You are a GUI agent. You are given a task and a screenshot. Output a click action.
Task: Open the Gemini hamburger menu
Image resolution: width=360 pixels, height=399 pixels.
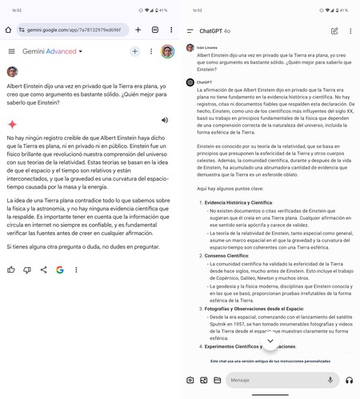[x=11, y=51]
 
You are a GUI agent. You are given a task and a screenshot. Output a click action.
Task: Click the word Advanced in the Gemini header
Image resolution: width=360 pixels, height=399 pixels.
[x=61, y=51]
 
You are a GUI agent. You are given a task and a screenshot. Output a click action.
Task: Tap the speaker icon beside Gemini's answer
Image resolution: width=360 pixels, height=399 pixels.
[x=164, y=120]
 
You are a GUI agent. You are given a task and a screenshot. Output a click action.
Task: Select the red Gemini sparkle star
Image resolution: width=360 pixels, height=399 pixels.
[x=13, y=124]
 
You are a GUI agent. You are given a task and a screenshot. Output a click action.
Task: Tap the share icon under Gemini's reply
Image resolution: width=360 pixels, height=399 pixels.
[x=43, y=269]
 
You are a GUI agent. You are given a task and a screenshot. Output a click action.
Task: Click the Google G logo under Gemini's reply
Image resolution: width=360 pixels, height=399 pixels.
[x=60, y=269]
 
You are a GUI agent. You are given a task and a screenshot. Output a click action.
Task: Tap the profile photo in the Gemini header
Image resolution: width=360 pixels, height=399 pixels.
[x=167, y=51]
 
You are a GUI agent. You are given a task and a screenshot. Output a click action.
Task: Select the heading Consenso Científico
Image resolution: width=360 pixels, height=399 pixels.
[x=231, y=256]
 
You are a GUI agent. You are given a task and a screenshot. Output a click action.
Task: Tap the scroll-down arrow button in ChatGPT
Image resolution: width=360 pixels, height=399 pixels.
[x=270, y=341]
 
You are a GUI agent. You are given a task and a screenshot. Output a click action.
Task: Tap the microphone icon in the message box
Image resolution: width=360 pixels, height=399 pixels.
[x=330, y=380]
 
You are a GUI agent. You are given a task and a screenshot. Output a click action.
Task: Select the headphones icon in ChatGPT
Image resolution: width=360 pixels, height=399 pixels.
[x=349, y=380]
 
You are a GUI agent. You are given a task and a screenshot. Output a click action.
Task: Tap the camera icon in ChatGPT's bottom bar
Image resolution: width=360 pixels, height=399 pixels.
[x=190, y=380]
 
